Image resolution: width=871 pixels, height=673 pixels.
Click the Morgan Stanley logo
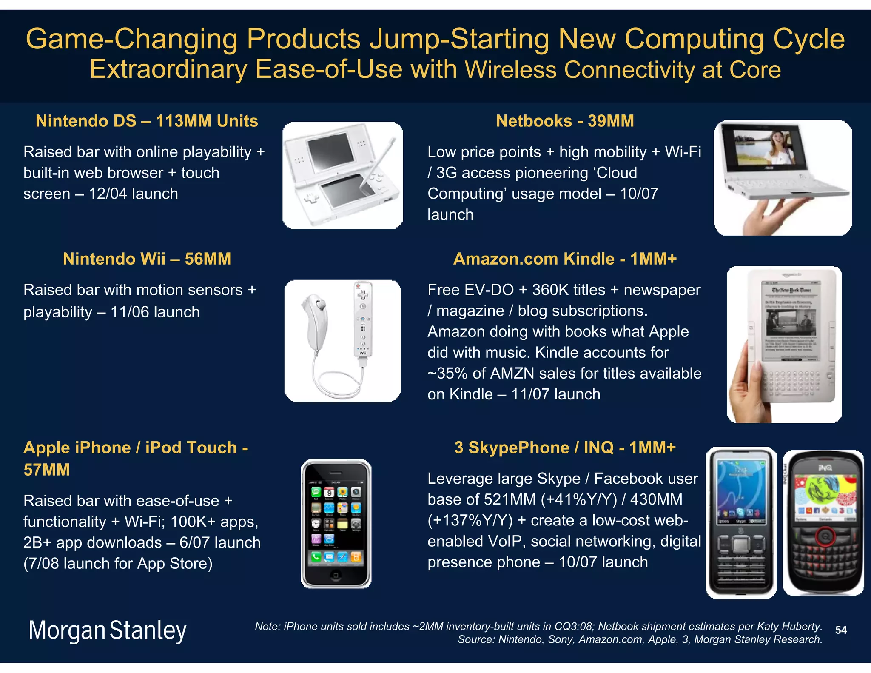click(107, 630)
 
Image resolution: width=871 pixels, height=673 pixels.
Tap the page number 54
click(841, 630)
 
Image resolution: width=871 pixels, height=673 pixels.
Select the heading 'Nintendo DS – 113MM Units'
click(147, 121)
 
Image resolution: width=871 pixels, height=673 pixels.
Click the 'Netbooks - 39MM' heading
click(565, 121)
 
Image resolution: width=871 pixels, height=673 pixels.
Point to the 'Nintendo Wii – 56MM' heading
click(147, 259)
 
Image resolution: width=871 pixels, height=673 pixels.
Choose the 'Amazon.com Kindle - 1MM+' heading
click(565, 259)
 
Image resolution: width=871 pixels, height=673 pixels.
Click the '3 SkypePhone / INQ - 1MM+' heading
click(565, 448)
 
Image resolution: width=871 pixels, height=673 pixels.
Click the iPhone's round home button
click(336, 575)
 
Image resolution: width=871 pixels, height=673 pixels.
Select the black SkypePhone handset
click(741, 523)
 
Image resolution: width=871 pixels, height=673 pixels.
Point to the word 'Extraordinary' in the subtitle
click(168, 69)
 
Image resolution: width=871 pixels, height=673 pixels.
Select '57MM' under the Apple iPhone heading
click(47, 470)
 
